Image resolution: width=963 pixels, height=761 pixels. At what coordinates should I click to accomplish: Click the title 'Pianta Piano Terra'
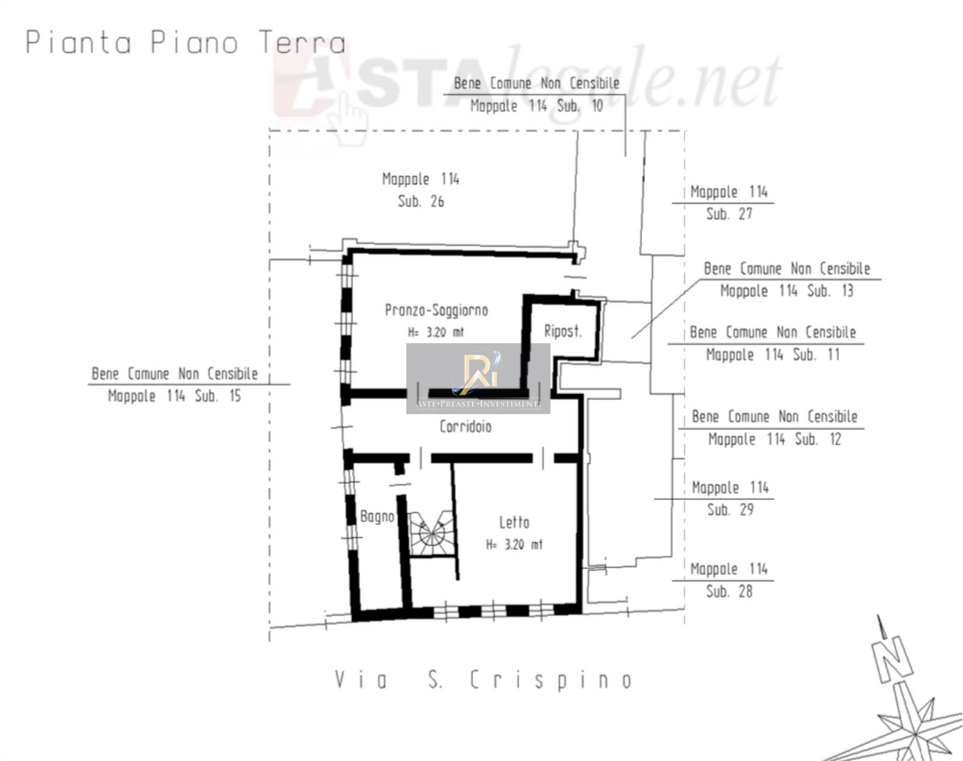[x=186, y=43]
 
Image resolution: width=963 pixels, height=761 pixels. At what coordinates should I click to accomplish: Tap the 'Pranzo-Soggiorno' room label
[x=436, y=310]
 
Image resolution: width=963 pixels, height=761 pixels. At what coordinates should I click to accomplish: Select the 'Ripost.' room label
[x=563, y=331]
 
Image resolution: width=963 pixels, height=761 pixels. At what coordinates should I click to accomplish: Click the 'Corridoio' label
[x=465, y=426]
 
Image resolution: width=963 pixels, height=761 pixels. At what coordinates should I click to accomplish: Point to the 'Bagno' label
[x=377, y=517]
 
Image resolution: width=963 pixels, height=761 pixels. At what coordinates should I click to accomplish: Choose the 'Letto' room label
[x=514, y=522]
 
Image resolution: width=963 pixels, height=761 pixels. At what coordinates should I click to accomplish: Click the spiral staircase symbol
[x=432, y=533]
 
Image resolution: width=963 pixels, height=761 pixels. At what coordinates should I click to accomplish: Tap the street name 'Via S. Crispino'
[x=483, y=680]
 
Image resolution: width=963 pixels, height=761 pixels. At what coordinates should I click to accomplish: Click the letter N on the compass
[x=893, y=660]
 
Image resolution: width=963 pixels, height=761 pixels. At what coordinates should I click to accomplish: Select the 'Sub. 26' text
[x=421, y=201]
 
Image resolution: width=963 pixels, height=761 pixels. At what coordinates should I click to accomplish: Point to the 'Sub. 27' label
[x=729, y=214]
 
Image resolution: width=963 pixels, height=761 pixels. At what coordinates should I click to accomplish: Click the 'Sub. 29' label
[x=730, y=509]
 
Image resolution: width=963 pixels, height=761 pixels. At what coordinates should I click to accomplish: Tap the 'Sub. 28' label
[x=729, y=591]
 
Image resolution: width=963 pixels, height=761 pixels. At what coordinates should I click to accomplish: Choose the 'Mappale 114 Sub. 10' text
[x=537, y=106]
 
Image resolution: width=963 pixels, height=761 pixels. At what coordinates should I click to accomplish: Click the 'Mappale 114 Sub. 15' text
[x=175, y=396]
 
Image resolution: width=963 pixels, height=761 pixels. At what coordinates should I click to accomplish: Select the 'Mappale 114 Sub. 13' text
[x=787, y=291]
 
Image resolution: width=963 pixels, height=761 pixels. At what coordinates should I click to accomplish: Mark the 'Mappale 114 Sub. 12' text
[x=775, y=439]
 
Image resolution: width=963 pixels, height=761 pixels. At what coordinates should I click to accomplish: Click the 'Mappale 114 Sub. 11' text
[x=773, y=355]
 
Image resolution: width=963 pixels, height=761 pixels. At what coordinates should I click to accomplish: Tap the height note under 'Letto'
[x=514, y=544]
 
